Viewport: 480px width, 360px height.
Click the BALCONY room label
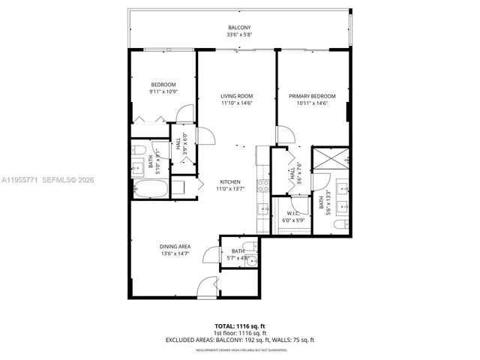[x=239, y=28]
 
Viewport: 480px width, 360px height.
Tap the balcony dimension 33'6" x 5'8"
[x=239, y=34]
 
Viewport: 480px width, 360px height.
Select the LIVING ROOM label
[x=236, y=96]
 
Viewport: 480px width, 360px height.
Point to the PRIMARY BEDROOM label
[x=312, y=96]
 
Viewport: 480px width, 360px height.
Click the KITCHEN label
[x=229, y=182]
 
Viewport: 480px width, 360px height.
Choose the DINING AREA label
[x=174, y=247]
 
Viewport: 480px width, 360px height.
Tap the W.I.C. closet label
[x=293, y=213]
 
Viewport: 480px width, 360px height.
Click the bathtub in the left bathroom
[x=150, y=187]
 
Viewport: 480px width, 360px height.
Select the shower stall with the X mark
[x=331, y=158]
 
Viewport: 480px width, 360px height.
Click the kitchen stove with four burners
[x=263, y=184]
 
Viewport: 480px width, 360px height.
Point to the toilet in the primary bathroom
[x=338, y=224]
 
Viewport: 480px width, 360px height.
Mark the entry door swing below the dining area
[x=208, y=289]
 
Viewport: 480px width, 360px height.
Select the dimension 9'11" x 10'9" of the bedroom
[x=163, y=91]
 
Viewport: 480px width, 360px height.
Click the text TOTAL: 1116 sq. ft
[x=239, y=326]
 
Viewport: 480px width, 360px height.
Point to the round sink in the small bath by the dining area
[x=252, y=262]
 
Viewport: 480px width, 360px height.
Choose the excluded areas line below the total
[x=239, y=340]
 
